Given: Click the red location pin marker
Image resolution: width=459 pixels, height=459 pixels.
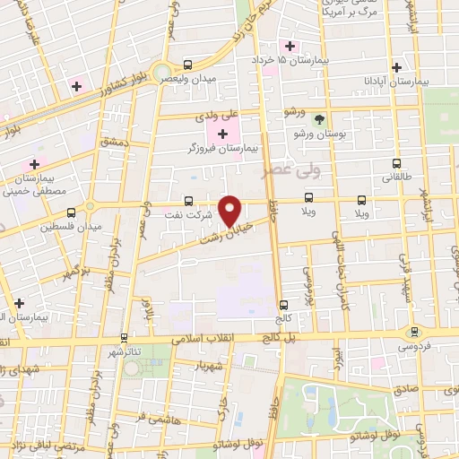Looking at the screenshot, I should tap(230, 210).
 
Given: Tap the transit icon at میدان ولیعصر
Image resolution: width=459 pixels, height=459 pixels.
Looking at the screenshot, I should tap(187, 65).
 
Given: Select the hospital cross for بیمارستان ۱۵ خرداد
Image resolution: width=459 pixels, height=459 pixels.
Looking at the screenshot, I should tap(290, 46).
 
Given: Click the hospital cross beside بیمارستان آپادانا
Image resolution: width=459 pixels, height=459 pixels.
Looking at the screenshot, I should tap(396, 67).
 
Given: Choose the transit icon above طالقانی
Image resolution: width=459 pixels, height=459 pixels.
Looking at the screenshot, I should tap(397, 164).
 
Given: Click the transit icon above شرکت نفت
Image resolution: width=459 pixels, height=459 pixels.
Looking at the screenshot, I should tap(188, 201).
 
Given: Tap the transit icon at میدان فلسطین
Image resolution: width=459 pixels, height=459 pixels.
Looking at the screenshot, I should tap(72, 213).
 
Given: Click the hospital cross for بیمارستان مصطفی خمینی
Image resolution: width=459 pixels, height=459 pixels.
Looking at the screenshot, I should tap(34, 164).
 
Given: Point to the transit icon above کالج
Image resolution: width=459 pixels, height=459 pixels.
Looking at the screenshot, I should tap(284, 305).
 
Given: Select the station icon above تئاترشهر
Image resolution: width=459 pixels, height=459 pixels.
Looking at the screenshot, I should tap(124, 337).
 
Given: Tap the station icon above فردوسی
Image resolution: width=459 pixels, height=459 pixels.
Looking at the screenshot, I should tap(413, 331).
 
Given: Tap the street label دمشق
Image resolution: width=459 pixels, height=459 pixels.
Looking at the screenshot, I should tap(114, 143).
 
